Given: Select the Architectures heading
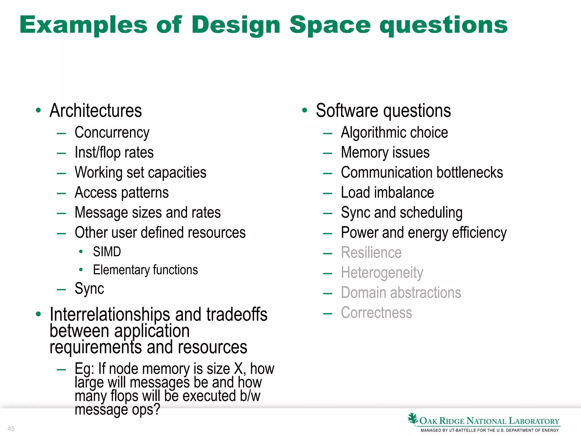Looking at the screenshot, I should pos(96,110).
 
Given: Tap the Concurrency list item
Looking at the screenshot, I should pos(112,133).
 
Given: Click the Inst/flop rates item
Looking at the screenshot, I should pos(114,152).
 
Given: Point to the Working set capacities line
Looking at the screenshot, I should pos(140,173).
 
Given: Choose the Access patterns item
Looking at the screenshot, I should pos(121,192).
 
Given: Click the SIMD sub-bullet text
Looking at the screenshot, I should pos(107,252).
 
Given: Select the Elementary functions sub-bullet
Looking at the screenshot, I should pos(145,270).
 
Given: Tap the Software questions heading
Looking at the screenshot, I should pos(383,110).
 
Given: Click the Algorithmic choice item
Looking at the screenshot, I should pos(394,133).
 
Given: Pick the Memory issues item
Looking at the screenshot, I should pos(385,152).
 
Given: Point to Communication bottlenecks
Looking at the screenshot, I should pos(422,173).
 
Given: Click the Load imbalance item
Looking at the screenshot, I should pos(387,192).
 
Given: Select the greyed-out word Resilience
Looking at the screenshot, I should pos(371,253).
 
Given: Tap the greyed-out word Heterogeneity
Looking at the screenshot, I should pos(382,273).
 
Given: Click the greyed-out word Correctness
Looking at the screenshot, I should pos(376,313).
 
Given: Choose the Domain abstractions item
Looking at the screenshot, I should pos(401,293).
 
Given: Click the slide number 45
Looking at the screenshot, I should pos(11,429).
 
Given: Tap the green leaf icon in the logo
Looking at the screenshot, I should pos(413,419).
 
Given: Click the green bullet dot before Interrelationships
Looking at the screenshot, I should pos(38,314).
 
